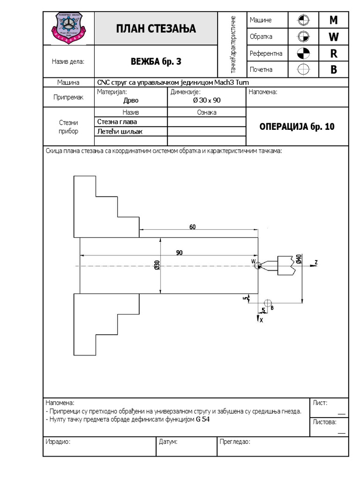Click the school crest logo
(68, 28)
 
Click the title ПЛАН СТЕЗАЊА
(156, 29)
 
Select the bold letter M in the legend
(334, 20)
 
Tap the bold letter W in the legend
(334, 37)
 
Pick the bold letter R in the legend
(334, 53)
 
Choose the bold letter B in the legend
(334, 69)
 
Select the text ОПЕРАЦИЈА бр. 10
(297, 127)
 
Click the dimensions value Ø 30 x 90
(207, 100)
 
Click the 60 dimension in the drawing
(193, 227)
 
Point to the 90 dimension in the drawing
(180, 252)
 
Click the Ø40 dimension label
(299, 259)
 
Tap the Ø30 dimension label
(157, 265)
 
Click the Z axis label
(316, 262)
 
